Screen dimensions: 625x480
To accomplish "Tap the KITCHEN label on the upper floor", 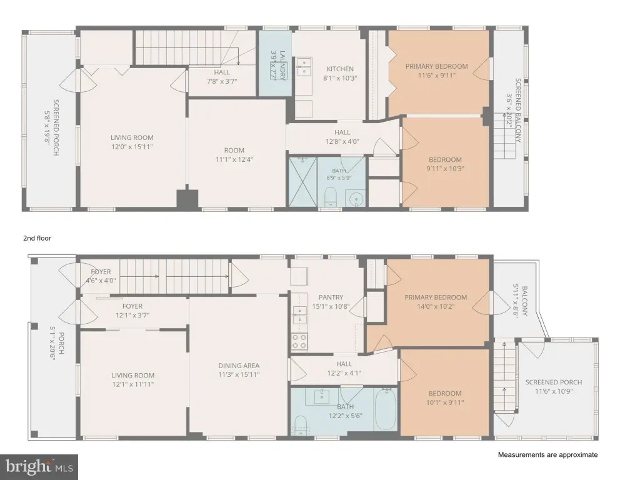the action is pos(340,69).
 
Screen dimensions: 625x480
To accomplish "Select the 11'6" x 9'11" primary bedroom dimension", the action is pos(436,76).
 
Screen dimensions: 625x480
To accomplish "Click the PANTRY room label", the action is pos(331,297).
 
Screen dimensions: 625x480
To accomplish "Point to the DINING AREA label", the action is pos(239,366).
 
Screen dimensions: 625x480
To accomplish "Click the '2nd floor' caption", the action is pos(37,238).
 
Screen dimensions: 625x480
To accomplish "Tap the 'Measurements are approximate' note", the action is pos(547,454).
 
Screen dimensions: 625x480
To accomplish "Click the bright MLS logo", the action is pos(39,467).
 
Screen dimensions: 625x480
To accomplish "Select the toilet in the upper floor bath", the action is pos(331,197).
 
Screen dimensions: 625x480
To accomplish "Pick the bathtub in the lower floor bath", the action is pos(386,409).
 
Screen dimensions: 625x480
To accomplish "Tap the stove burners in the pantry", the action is pos(299,341).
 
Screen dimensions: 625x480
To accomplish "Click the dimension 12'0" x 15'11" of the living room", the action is pos(132,147).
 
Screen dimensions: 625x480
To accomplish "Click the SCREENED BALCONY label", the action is pos(517,111).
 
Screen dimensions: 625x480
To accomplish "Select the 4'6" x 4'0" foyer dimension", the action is pos(101,280).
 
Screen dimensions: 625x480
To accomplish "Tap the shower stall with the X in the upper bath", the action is pos(302,182).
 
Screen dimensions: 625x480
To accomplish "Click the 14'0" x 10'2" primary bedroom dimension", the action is pos(436,307).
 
